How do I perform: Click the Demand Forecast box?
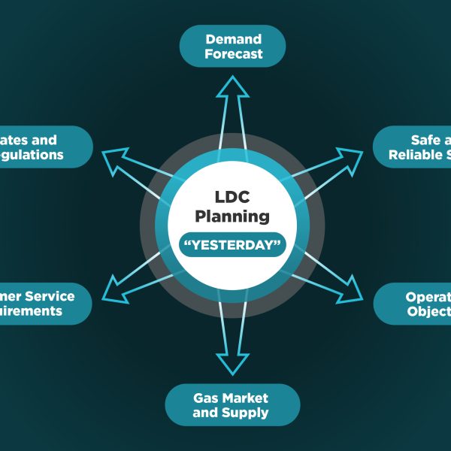[232, 46]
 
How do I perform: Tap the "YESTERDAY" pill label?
[232, 245]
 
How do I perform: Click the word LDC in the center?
[232, 197]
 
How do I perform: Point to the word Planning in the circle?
[232, 216]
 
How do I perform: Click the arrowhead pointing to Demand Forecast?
[232, 87]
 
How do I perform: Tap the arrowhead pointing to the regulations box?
[114, 159]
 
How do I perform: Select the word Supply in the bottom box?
[251, 413]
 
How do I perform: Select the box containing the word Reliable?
[413, 147]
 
